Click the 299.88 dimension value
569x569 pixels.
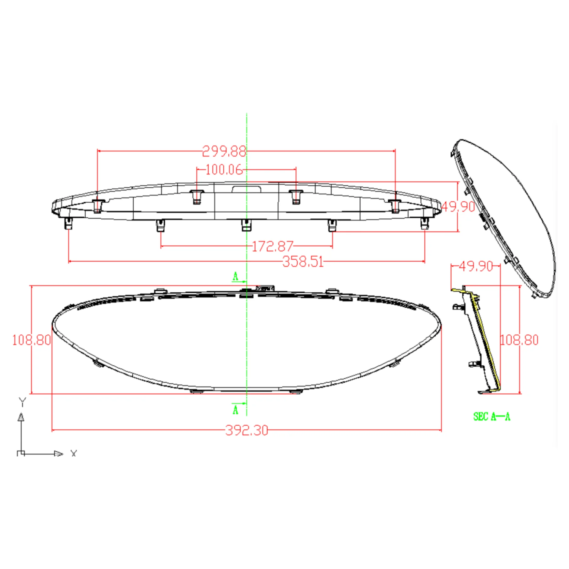(224, 152)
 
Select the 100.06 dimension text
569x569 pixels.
(224, 170)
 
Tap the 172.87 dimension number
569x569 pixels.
(273, 247)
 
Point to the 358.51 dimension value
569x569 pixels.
(303, 262)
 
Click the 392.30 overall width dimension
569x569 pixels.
(247, 430)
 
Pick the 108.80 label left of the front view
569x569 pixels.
(31, 340)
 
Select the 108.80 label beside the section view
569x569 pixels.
(519, 340)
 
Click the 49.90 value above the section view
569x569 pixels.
(476, 266)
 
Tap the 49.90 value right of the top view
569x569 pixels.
(458, 207)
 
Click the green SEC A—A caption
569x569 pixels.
(492, 417)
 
